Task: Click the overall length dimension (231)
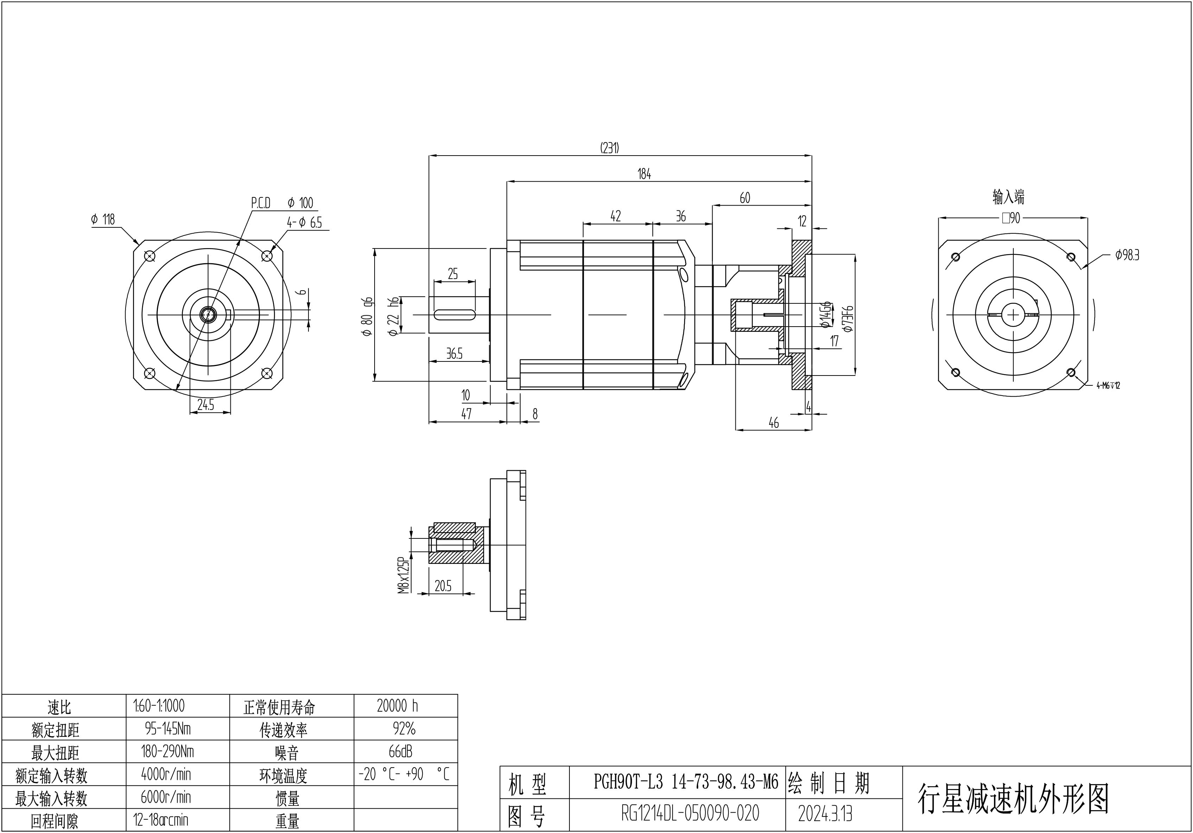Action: point(610,148)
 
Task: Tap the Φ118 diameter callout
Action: point(103,220)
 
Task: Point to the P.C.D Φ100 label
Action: point(282,203)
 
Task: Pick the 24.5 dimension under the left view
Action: point(206,405)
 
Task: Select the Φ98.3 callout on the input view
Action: point(1127,255)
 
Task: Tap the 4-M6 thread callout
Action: point(1108,385)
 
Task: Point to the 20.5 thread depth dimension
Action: point(443,586)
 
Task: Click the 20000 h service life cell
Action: point(397,706)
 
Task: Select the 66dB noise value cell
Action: point(400,751)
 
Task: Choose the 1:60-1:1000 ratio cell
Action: point(159,706)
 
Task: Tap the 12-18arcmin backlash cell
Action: point(161,820)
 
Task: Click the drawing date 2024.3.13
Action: point(825,814)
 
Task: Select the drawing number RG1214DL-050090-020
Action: point(690,814)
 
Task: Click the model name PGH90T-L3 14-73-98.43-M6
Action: point(686,782)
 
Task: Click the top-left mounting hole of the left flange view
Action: point(149,256)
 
